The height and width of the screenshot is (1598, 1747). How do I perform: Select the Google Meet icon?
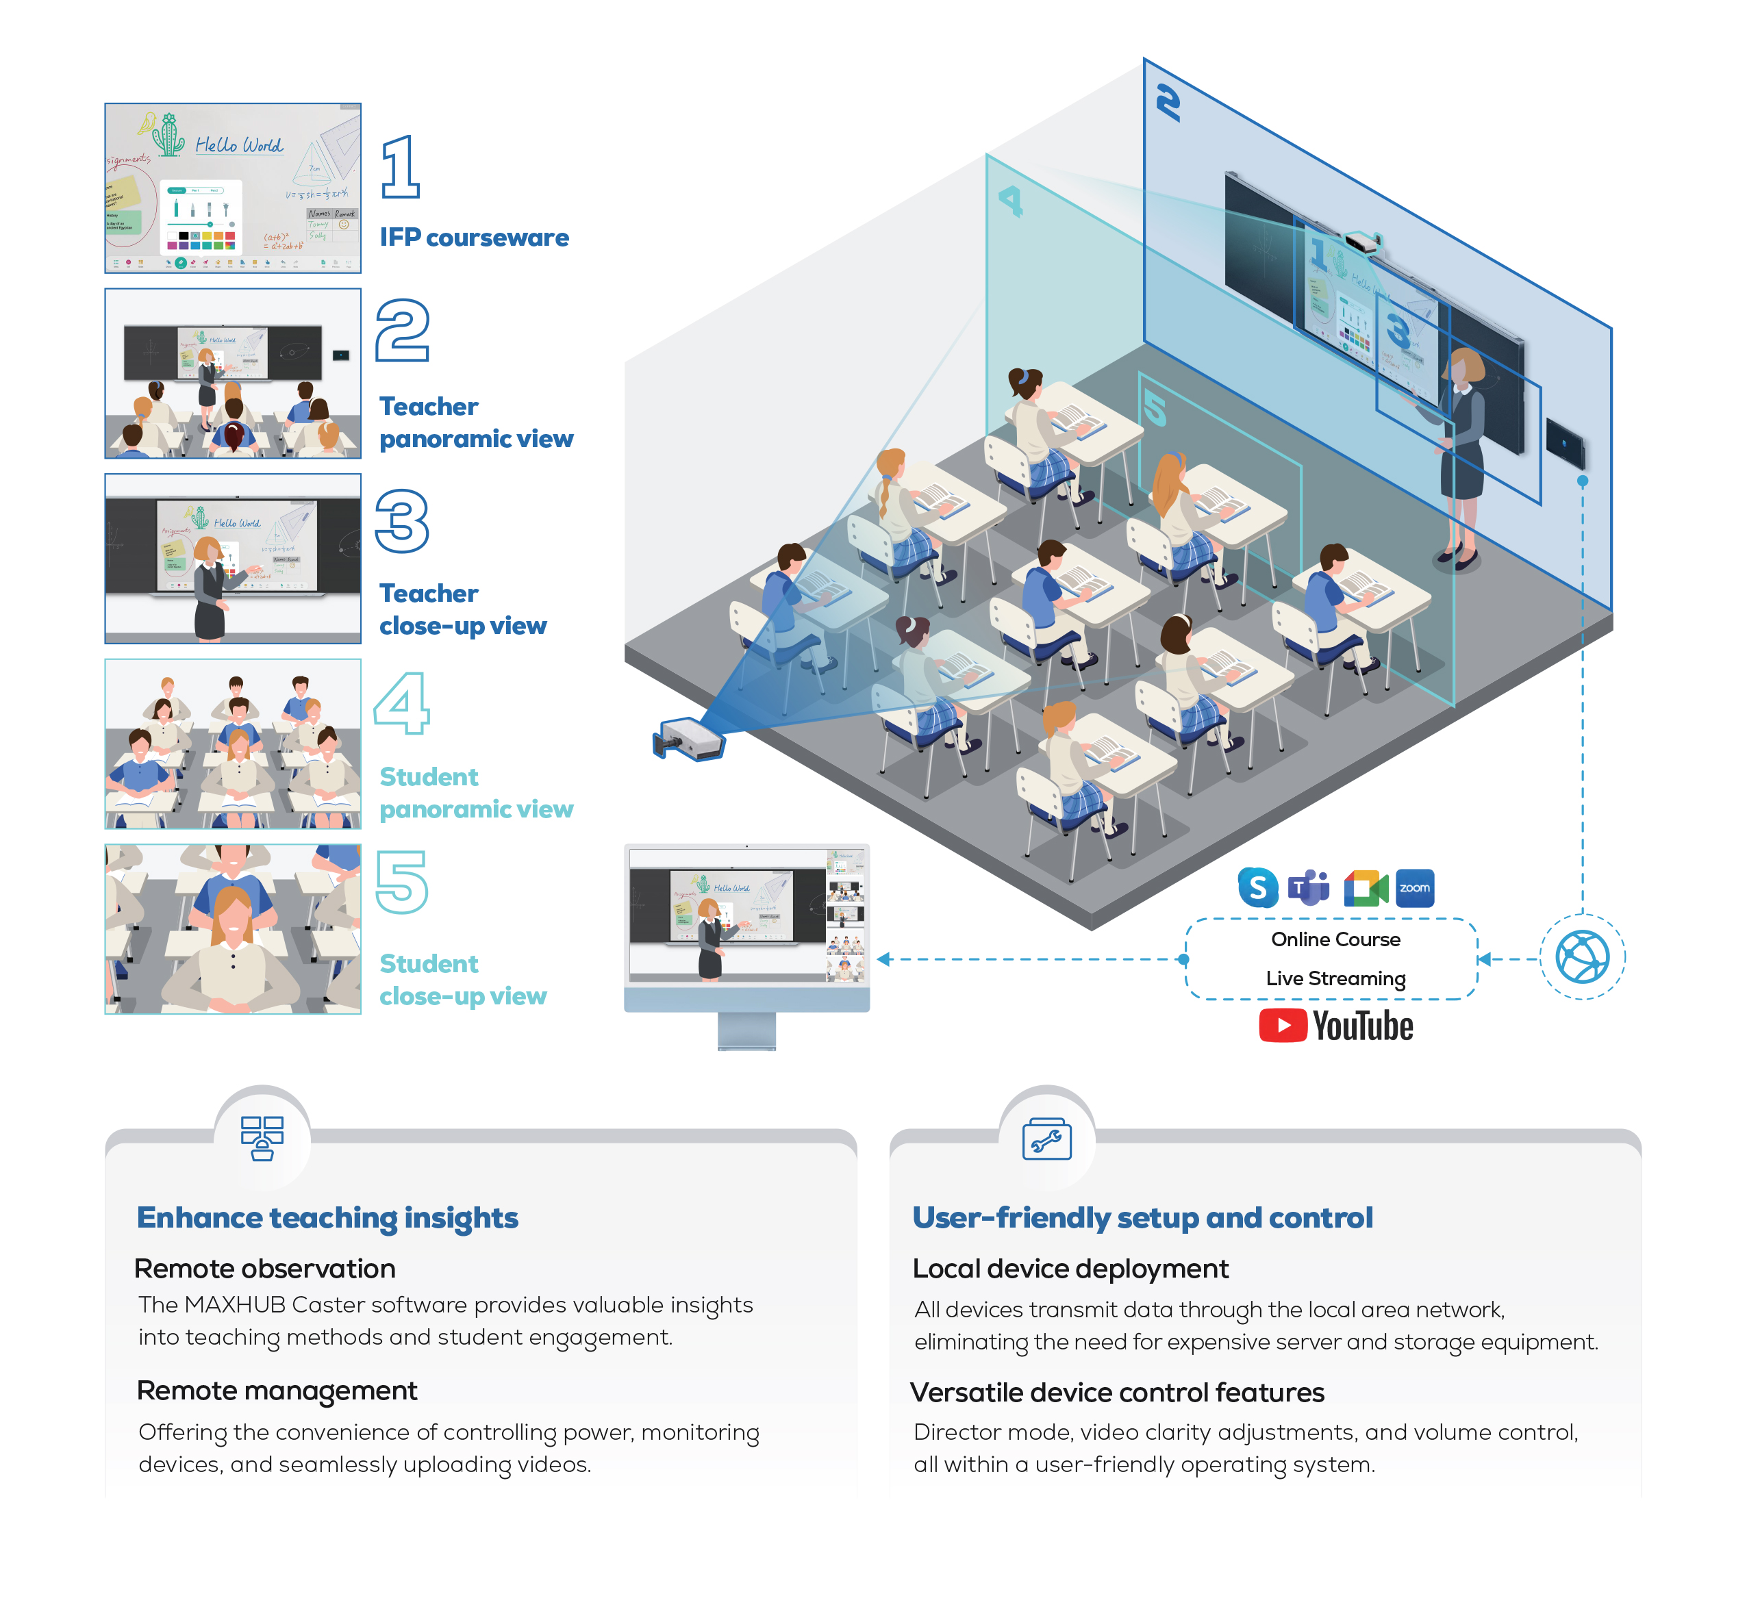point(1366,888)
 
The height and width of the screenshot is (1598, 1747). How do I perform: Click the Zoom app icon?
point(1415,888)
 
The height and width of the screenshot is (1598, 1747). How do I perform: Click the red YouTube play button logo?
point(1283,1026)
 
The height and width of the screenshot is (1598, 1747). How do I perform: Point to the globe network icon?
point(1583,957)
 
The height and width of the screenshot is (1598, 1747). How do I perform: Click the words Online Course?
point(1335,939)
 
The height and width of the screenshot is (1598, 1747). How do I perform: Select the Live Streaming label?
point(1335,978)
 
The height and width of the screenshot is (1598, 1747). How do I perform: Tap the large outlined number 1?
point(401,166)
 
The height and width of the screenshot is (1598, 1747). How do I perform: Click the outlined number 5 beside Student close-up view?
point(401,882)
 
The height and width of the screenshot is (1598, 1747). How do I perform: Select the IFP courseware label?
point(474,238)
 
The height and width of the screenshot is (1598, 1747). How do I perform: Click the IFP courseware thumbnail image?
point(233,188)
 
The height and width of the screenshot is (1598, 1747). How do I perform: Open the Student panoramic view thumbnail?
point(233,744)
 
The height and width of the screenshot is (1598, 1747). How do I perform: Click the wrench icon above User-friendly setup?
point(1047,1140)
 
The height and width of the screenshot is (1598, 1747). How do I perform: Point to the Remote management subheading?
point(277,1390)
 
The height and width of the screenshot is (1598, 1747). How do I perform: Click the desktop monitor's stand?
point(747,1030)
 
